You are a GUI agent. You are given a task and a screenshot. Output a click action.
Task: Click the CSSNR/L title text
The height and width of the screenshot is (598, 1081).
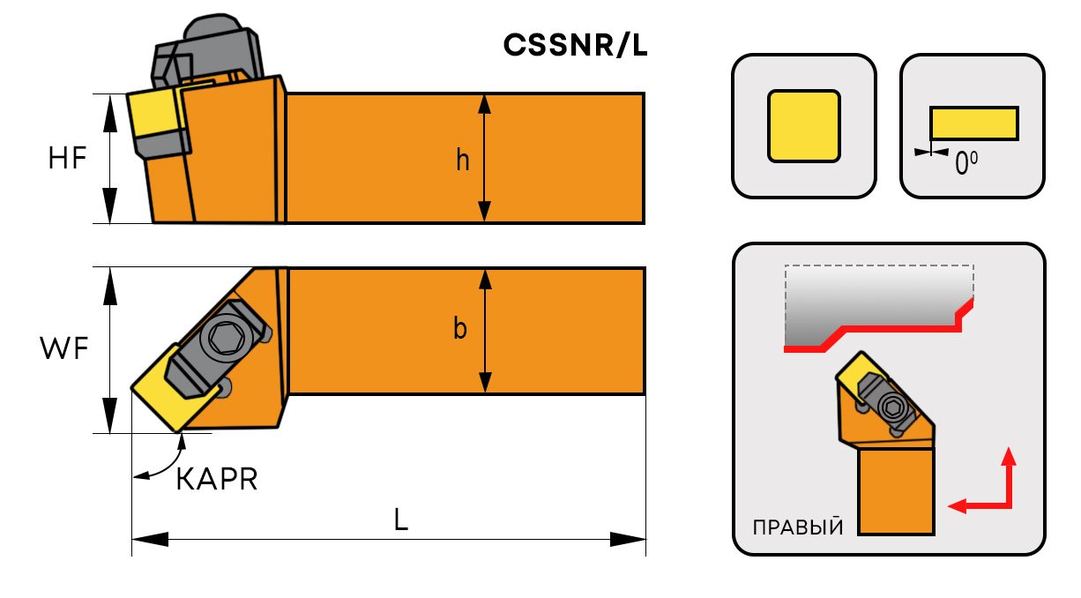(575, 45)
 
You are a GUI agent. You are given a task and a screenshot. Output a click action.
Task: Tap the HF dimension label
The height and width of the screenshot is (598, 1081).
(68, 159)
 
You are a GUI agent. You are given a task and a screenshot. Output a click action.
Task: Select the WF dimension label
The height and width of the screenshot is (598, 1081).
(64, 349)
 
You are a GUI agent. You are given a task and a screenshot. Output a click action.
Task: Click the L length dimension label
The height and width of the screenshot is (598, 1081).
(401, 520)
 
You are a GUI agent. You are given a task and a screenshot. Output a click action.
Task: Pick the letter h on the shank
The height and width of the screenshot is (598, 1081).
(463, 161)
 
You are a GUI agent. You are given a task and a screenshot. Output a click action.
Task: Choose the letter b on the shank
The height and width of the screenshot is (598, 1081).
(460, 329)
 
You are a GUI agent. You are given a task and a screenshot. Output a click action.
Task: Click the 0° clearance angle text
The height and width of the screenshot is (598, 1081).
(966, 162)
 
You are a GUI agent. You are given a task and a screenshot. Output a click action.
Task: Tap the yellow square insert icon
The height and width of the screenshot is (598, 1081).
(803, 125)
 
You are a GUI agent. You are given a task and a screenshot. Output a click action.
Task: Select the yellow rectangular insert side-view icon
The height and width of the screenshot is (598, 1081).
(974, 123)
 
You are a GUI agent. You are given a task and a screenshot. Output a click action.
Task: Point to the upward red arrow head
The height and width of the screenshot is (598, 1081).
(1010, 455)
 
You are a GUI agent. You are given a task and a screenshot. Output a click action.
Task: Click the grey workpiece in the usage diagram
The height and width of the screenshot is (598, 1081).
(873, 300)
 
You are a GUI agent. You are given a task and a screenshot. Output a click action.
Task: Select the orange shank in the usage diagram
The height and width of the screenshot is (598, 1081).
(896, 490)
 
